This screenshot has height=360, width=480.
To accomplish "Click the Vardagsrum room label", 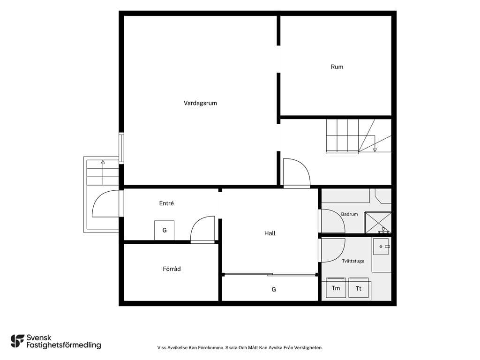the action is [200, 103].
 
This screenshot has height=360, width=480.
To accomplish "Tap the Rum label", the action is [337, 67].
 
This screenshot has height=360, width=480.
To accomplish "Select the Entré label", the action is [166, 203].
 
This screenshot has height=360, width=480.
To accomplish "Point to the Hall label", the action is [270, 233].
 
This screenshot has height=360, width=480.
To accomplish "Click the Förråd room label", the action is [172, 269].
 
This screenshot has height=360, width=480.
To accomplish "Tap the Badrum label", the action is [349, 214].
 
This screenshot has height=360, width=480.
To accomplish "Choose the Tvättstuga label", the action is [353, 261].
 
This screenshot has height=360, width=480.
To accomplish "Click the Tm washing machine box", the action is [336, 288].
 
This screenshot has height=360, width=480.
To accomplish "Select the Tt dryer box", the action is [359, 288].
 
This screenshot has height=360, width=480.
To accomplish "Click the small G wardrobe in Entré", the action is [165, 230].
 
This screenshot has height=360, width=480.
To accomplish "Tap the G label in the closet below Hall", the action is [274, 289].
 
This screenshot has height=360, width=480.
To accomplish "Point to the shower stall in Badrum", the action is [378, 223].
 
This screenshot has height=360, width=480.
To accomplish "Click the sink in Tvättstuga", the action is [381, 247].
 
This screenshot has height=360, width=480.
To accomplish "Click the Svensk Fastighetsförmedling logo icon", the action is [17, 341].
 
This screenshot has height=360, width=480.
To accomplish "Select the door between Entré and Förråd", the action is [202, 229].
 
